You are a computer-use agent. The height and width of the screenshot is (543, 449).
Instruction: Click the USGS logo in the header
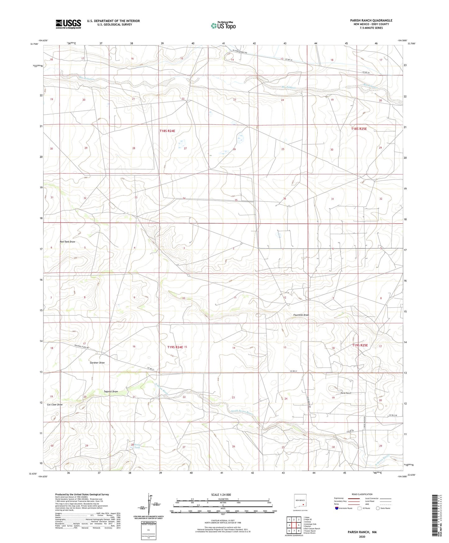(x=68, y=24)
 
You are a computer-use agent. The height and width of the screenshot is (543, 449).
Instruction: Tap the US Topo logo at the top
(x=223, y=26)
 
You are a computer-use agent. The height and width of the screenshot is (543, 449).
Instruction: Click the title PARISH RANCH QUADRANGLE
(x=371, y=21)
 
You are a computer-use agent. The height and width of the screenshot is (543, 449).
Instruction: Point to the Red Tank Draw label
(x=67, y=242)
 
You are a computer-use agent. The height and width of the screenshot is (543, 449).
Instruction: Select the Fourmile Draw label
(x=301, y=315)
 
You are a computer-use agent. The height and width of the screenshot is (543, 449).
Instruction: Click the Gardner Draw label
(x=97, y=363)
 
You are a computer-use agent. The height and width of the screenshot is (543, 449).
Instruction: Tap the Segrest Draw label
(x=111, y=392)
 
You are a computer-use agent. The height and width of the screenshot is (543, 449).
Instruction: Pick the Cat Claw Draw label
(x=55, y=405)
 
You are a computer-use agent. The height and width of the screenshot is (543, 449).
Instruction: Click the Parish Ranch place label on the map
(x=346, y=393)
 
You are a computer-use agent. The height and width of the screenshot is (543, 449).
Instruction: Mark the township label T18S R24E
(x=167, y=131)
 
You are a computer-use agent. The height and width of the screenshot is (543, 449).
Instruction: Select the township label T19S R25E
(x=360, y=346)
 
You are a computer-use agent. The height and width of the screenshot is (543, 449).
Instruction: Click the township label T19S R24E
(x=175, y=347)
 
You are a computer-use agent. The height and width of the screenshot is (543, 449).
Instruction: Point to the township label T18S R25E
(x=359, y=129)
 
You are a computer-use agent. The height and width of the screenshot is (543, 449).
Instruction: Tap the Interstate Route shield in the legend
(x=337, y=508)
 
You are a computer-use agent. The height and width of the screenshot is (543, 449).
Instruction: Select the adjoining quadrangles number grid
(x=294, y=525)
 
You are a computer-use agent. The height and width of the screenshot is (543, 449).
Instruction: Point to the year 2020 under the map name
(x=362, y=536)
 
